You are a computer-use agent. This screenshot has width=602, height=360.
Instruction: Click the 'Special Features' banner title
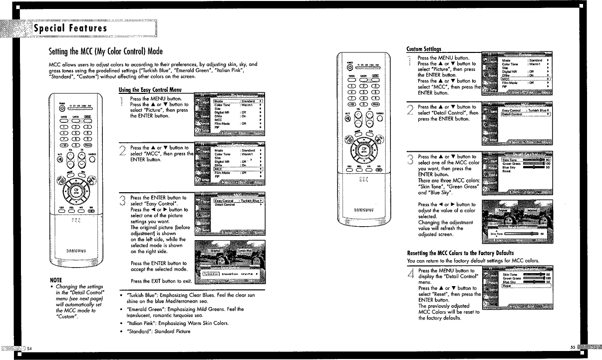coord(70,28)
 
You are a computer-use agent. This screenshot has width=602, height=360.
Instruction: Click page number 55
coord(572,348)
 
